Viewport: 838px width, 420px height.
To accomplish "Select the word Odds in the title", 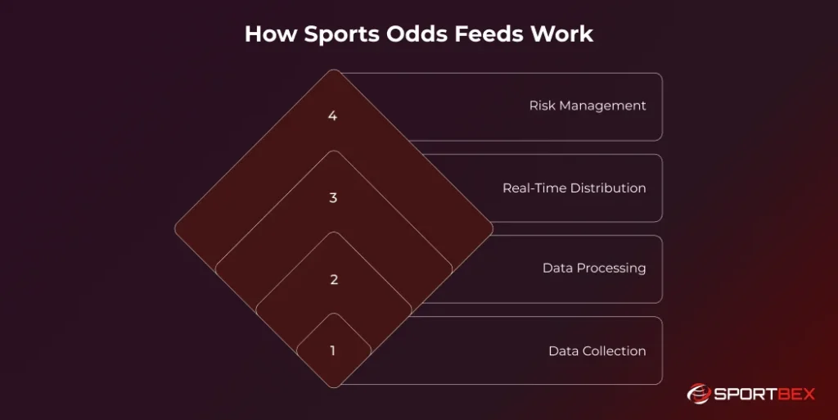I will pyautogui.click(x=407, y=35).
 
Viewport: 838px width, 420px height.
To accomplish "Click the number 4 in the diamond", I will pyautogui.click(x=332, y=115).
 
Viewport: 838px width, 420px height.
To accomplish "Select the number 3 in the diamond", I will pyautogui.click(x=333, y=197).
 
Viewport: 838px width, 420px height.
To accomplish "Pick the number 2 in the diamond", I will pyautogui.click(x=333, y=279).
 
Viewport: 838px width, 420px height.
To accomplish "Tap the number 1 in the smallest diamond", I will pyautogui.click(x=333, y=350).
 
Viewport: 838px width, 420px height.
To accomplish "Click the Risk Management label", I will pyautogui.click(x=587, y=106).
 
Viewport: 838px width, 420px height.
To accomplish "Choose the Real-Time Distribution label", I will pyautogui.click(x=574, y=187).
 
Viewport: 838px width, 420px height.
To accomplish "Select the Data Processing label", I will pyautogui.click(x=593, y=268).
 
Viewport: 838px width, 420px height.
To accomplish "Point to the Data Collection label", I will pyautogui.click(x=597, y=350).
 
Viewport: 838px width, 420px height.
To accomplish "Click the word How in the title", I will pyautogui.click(x=264, y=35).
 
